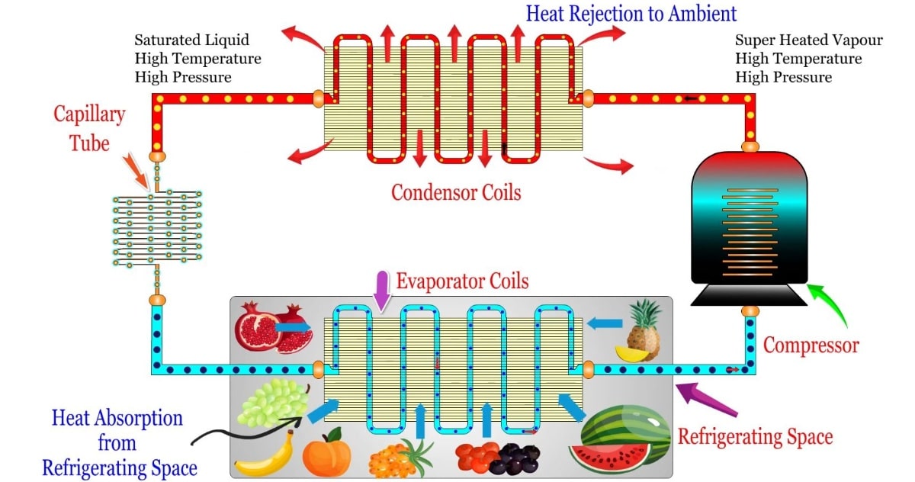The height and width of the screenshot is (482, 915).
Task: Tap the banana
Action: pyautogui.click(x=265, y=455)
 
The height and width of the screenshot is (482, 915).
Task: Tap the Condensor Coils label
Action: pyautogui.click(x=456, y=191)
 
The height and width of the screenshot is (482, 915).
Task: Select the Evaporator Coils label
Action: pyautogui.click(x=462, y=281)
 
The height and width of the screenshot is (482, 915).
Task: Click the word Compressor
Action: pyautogui.click(x=811, y=345)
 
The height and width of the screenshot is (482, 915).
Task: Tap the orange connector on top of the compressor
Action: pyautogui.click(x=750, y=145)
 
